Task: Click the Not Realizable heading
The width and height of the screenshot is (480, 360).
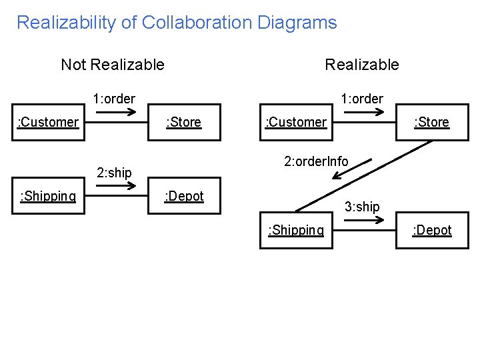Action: (x=112, y=65)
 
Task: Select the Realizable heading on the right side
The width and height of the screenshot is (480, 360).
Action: (x=361, y=65)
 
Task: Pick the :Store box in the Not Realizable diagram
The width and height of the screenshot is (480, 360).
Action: (x=184, y=122)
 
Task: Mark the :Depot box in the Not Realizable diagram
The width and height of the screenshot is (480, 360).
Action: (x=184, y=196)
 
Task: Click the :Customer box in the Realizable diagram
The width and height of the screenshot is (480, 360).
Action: (x=296, y=122)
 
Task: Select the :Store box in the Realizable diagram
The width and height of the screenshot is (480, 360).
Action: (x=431, y=122)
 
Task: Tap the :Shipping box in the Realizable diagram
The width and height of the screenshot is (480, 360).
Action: (x=296, y=230)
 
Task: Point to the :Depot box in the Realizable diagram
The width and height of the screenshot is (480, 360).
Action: (x=431, y=230)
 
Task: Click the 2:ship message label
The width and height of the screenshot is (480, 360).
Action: (x=114, y=173)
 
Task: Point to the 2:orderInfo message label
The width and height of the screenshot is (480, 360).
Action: (x=316, y=161)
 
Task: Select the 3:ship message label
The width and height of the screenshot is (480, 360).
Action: (x=362, y=207)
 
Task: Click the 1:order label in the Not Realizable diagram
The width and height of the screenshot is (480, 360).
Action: (x=114, y=99)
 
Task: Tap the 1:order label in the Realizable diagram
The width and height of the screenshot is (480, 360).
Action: (x=362, y=99)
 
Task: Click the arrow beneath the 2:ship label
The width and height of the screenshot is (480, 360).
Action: (x=115, y=187)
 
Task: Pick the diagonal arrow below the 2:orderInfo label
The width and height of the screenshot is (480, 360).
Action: (x=345, y=175)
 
